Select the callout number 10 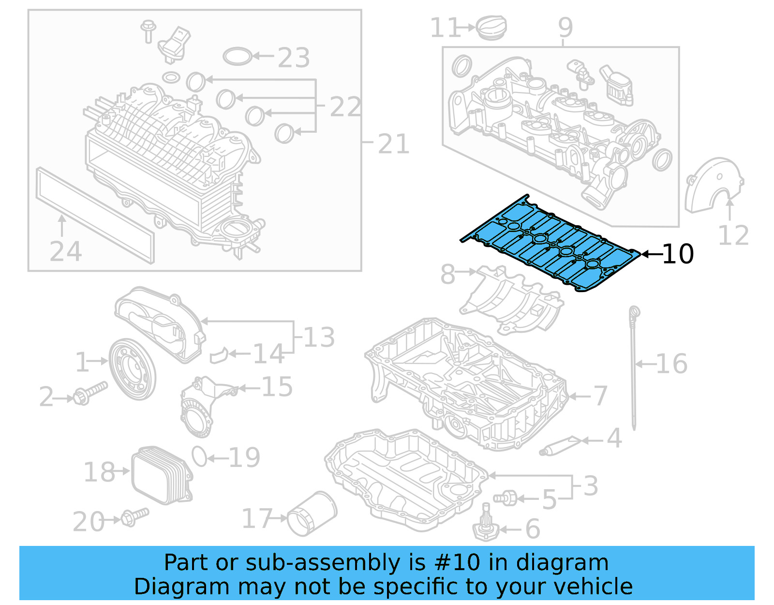(x=678, y=254)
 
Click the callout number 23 (x=294, y=58)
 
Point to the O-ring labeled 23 (x=237, y=56)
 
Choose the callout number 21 (x=393, y=144)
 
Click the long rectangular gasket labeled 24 (x=94, y=216)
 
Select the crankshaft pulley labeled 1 (x=132, y=369)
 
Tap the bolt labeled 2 (x=89, y=393)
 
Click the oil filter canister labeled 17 (x=312, y=513)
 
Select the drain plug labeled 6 (x=486, y=526)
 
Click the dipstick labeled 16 (x=634, y=368)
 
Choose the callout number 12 (x=733, y=236)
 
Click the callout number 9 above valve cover (x=565, y=28)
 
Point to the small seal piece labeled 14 (x=219, y=355)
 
